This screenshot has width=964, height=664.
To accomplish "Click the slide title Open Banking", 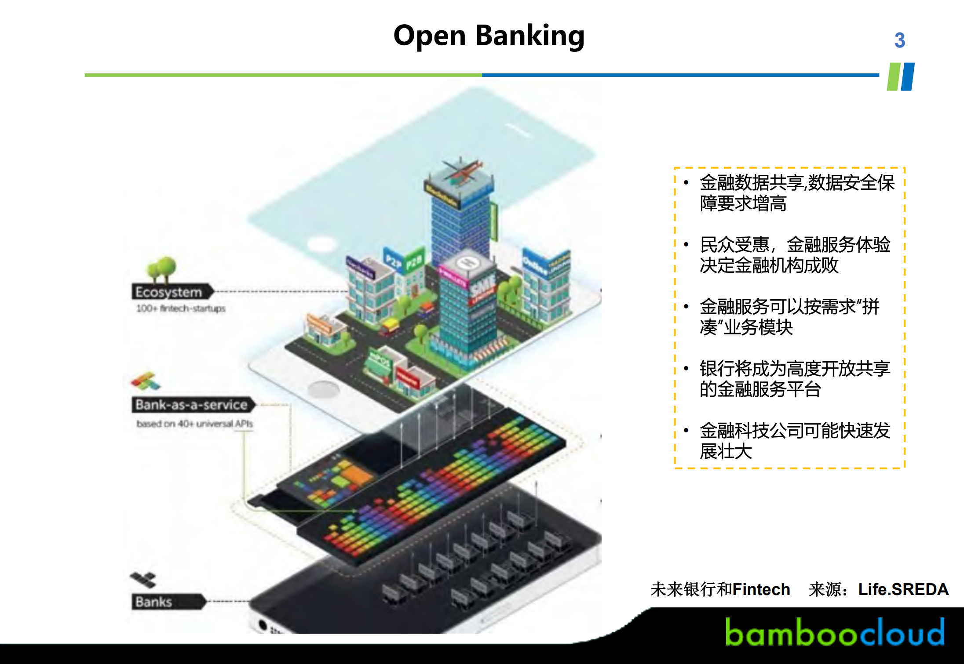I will tap(489, 36).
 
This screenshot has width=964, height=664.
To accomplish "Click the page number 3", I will tap(899, 40).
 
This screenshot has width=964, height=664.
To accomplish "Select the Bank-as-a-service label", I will tap(192, 405).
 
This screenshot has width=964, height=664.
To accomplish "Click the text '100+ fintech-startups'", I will tap(180, 308).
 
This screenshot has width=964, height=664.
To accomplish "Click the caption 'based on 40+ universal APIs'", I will tap(194, 424).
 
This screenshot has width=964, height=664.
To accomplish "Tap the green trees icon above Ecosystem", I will tap(161, 268).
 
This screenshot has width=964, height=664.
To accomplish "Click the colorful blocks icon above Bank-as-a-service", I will tap(146, 381).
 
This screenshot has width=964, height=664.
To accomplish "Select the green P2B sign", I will tap(414, 262).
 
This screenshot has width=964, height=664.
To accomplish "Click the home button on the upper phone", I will tap(323, 389).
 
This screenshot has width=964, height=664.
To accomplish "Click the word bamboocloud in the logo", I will tap(834, 632).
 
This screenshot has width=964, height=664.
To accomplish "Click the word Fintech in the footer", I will tap(761, 589).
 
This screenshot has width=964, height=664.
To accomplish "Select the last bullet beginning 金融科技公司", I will tap(794, 441).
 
